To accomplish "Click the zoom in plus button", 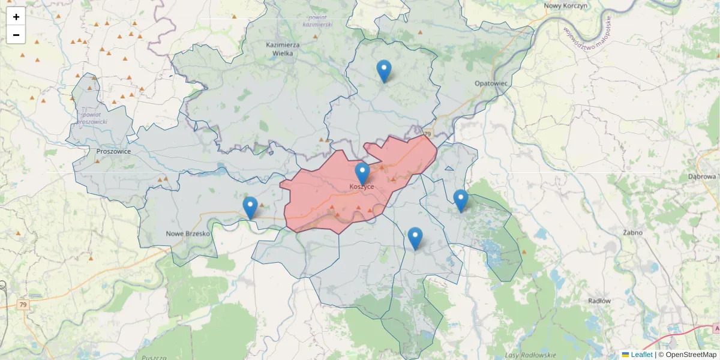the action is coord(16,17).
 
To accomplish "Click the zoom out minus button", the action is coord(16,35).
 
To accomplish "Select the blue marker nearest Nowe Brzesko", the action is coord(250,208).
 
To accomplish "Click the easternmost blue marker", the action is coord(460,200).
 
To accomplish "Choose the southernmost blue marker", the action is coord(415,238).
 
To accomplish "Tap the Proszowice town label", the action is coord(113,152).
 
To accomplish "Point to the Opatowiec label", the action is coord(491,83).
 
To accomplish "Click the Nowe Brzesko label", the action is coord(188,233).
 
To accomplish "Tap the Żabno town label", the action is coord(632,232).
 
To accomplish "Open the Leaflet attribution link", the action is coord(641,355).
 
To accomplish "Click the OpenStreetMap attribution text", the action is coord(687,355).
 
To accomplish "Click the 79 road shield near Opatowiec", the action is coord(427,134).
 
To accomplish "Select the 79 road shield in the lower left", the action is coord(23,305).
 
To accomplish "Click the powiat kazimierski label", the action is coord(317,20).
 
